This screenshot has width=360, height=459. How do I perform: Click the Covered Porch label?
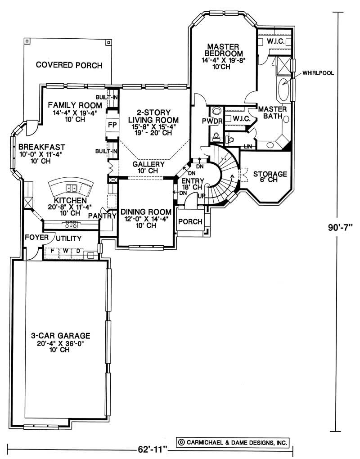coord(69,65)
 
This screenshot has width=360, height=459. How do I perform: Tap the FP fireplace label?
coord(112,125)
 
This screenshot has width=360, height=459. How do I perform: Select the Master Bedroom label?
coord(223,50)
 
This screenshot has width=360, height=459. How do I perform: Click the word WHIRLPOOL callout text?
coord(318,73)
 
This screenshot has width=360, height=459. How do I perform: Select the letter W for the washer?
coord(66,251)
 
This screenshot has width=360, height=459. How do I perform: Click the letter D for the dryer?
coord(78,251)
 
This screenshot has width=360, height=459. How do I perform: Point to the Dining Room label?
coord(146,211)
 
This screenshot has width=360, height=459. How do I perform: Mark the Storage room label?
coord(270,174)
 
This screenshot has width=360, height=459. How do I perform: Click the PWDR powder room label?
coord(212,121)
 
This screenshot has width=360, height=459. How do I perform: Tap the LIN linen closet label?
coord(247,146)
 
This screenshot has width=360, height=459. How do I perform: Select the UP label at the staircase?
coord(201,196)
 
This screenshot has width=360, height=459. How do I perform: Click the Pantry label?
coord(103,216)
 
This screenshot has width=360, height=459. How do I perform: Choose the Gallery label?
coord(148,164)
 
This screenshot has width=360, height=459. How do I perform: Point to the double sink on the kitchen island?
coord(71,188)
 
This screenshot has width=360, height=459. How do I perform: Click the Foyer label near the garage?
coord(36,237)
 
